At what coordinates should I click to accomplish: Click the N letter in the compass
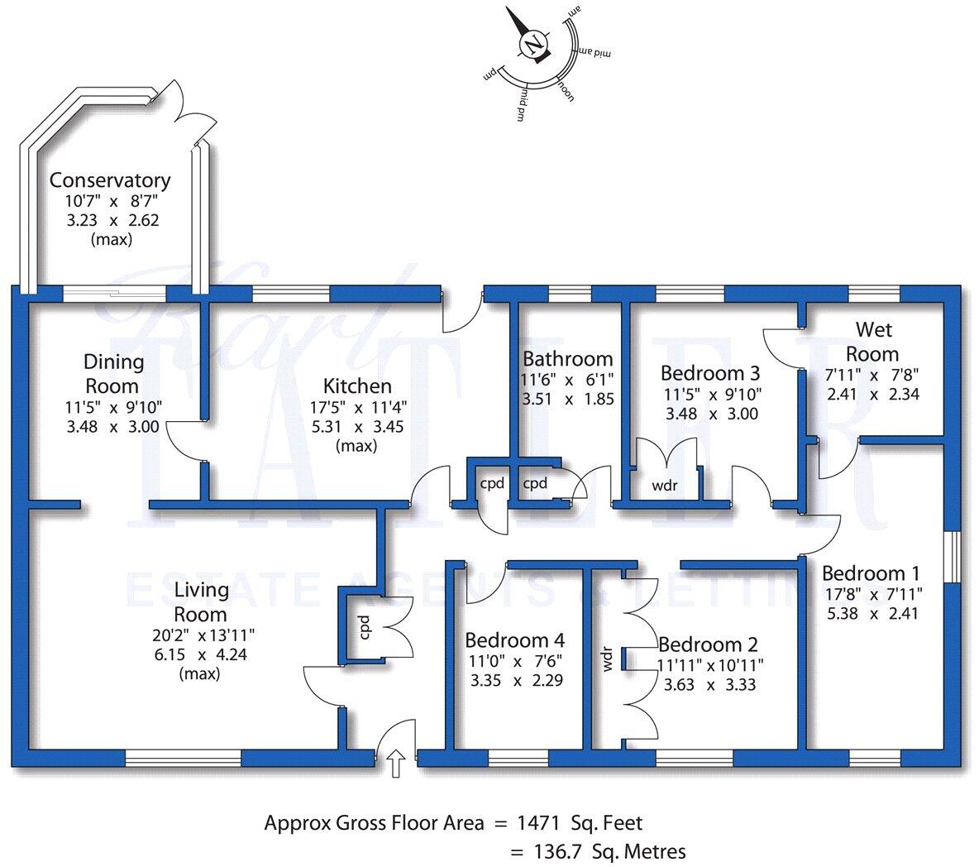[537, 42]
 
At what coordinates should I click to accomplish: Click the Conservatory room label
[110, 180]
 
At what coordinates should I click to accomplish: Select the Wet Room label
[874, 342]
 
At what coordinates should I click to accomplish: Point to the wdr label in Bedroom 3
[665, 486]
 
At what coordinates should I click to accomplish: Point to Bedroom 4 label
[514, 640]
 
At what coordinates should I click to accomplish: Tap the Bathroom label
[567, 359]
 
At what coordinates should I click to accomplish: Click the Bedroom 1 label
[870, 573]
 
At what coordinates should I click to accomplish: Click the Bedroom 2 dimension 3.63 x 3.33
[709, 684]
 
